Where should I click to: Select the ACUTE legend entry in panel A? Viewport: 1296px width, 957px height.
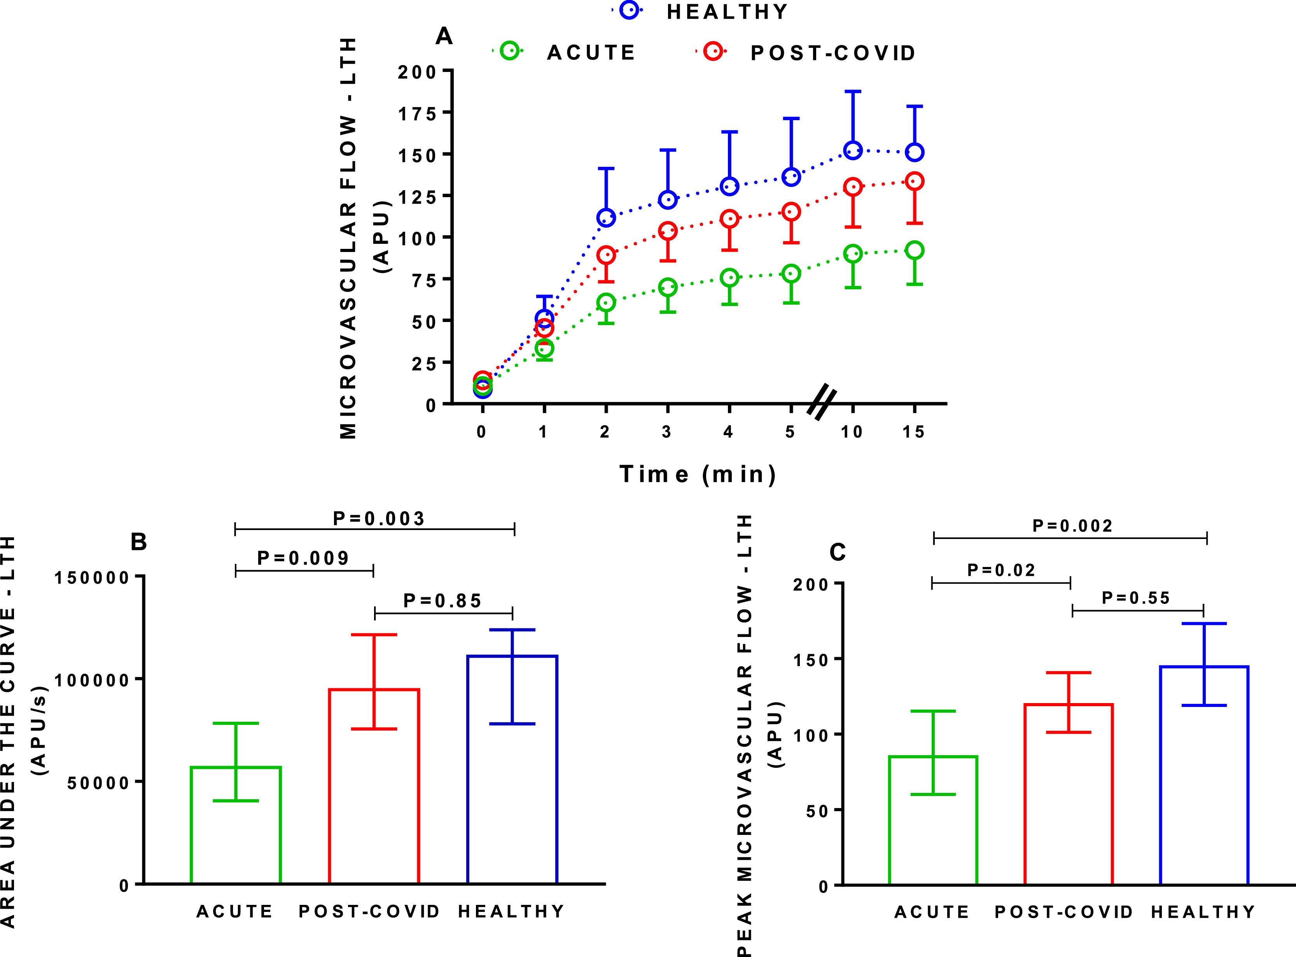pyautogui.click(x=591, y=53)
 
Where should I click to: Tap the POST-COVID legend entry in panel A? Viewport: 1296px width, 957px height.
pyautogui.click(x=833, y=53)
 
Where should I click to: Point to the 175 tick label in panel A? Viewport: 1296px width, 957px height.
pyautogui.click(x=417, y=114)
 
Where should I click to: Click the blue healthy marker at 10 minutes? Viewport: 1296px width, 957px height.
pyautogui.click(x=852, y=150)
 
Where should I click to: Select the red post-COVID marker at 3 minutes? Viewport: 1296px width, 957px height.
pyautogui.click(x=668, y=231)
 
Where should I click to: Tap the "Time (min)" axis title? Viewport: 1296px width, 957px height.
pyautogui.click(x=698, y=474)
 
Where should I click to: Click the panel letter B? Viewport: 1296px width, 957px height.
pyautogui.click(x=139, y=542)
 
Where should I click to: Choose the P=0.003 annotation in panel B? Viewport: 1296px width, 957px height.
pyautogui.click(x=379, y=518)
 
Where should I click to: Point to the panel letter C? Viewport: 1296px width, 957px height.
pyautogui.click(x=837, y=553)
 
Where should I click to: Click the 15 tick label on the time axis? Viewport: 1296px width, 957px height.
pyautogui.click(x=913, y=432)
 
